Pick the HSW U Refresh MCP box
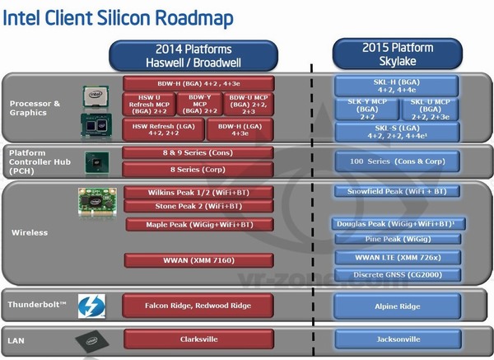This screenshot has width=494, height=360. click(148, 105)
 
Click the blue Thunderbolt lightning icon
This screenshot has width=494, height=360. click(89, 306)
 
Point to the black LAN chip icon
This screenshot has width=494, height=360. click(89, 339)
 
